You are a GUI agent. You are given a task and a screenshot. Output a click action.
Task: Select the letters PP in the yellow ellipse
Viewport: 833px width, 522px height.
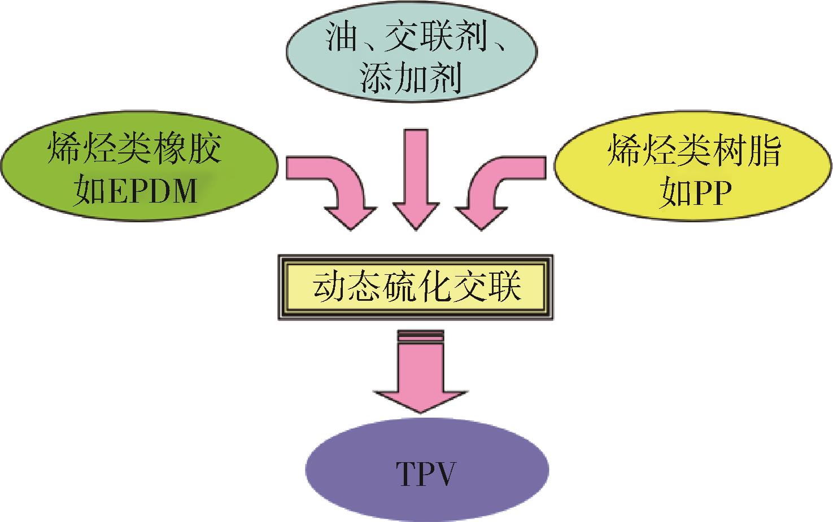click(x=709, y=193)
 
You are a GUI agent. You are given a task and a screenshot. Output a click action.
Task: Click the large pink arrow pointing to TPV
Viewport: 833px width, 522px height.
click(x=421, y=378)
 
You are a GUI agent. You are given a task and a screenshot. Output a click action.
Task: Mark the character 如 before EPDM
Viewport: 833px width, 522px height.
click(x=90, y=191)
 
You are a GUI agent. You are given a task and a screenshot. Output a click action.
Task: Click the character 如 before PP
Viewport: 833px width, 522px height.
click(x=673, y=193)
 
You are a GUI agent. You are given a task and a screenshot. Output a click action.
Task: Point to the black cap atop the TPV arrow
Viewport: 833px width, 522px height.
click(x=421, y=336)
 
